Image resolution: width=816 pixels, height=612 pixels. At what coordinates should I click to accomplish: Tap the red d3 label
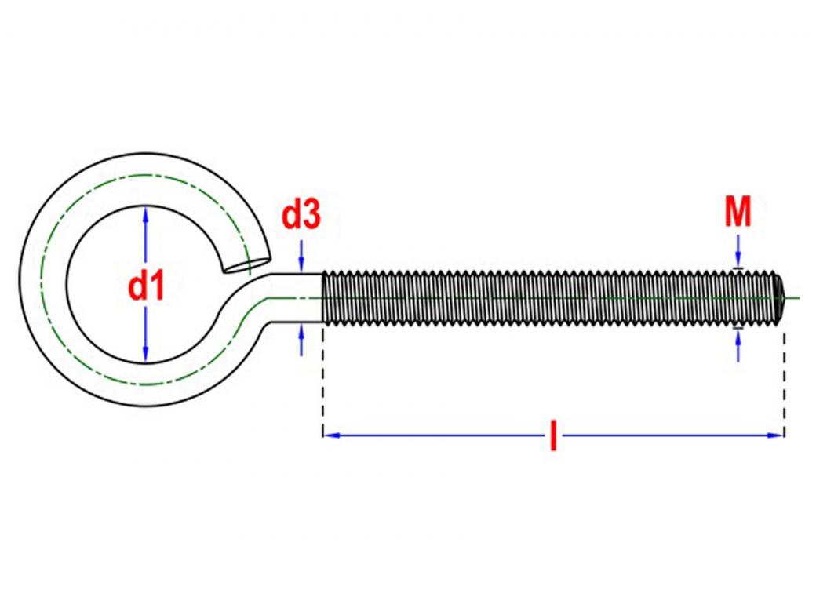tap(301, 215)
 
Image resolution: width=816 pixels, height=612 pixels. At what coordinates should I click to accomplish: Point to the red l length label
tap(553, 435)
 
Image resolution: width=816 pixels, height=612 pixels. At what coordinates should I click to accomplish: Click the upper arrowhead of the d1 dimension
tap(145, 213)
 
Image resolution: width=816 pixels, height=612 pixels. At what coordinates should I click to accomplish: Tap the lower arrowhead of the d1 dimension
tap(145, 356)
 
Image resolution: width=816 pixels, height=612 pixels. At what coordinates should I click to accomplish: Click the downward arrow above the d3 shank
tap(301, 264)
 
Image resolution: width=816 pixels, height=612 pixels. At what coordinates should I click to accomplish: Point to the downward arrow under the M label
tap(738, 260)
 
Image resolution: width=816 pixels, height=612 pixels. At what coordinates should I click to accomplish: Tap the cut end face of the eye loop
tap(246, 264)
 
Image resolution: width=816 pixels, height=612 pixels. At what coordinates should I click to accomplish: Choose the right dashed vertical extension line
tap(784, 377)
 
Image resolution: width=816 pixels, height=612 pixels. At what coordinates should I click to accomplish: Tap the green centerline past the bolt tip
tap(794, 297)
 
